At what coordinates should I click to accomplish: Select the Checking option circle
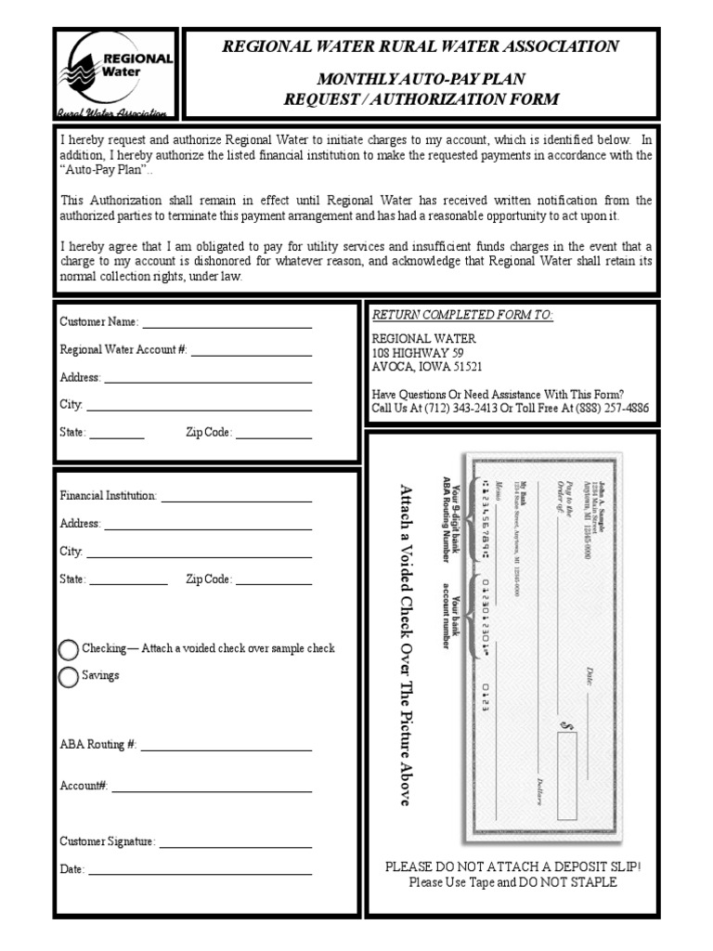(x=69, y=649)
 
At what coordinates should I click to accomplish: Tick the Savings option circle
(x=69, y=677)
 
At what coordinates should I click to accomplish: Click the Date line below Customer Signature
(x=200, y=872)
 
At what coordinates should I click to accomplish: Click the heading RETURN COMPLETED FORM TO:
(x=462, y=316)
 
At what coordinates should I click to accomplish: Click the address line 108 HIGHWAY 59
(x=418, y=354)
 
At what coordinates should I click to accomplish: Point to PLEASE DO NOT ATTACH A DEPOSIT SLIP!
(x=512, y=866)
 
